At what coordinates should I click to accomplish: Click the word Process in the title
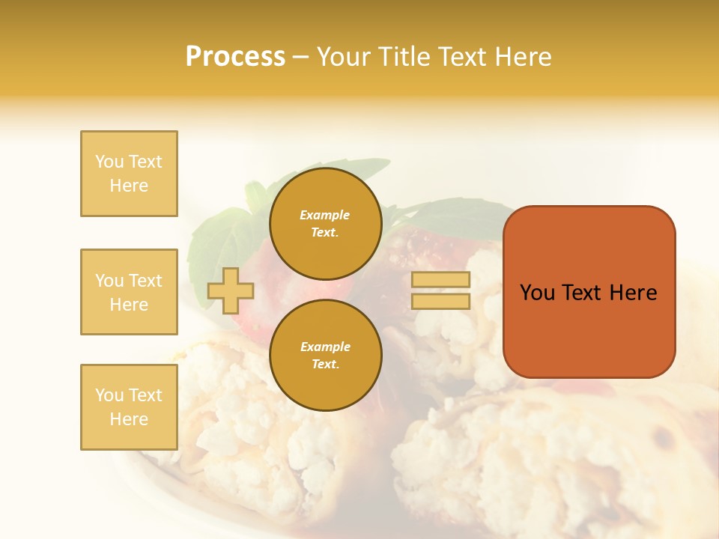click(x=235, y=57)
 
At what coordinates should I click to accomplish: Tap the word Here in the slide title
click(x=521, y=57)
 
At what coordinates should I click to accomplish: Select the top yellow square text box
click(x=129, y=174)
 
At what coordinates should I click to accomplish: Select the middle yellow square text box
click(x=129, y=292)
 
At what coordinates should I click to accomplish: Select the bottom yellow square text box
click(x=129, y=407)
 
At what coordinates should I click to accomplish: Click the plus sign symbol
click(x=231, y=290)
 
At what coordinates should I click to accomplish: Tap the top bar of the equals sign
click(x=440, y=280)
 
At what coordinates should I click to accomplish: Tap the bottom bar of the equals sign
click(x=440, y=302)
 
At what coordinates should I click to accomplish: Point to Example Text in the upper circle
click(x=325, y=224)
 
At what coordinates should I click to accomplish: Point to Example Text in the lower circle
click(x=325, y=356)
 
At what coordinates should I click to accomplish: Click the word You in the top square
click(x=109, y=162)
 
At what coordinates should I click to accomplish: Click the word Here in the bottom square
click(x=129, y=419)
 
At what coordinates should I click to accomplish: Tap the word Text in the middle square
click(x=145, y=281)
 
